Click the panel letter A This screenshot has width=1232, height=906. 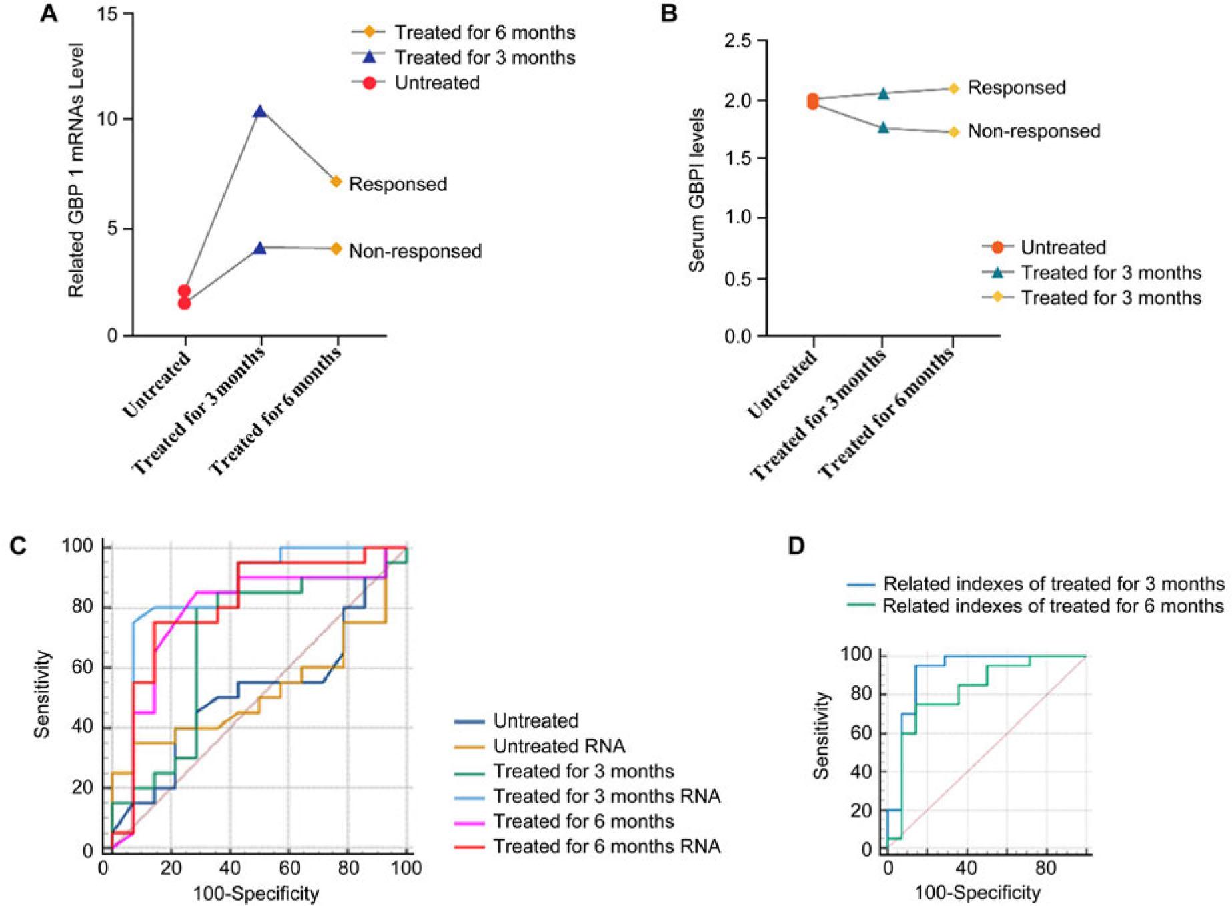49,14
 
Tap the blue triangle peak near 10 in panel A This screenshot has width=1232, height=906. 260,111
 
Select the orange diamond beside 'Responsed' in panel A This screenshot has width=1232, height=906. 336,181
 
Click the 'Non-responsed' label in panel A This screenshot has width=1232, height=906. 415,251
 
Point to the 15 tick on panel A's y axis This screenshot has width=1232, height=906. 107,14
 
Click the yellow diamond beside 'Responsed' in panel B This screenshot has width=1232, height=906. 954,88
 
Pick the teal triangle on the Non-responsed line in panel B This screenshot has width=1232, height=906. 883,127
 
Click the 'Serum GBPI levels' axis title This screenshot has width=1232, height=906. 697,190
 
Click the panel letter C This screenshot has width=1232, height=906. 18,546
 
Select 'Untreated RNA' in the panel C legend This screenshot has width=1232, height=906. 559,746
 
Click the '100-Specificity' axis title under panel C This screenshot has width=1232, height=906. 256,893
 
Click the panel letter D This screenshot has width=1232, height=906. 796,546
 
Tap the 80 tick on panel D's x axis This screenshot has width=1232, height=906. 1046,867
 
